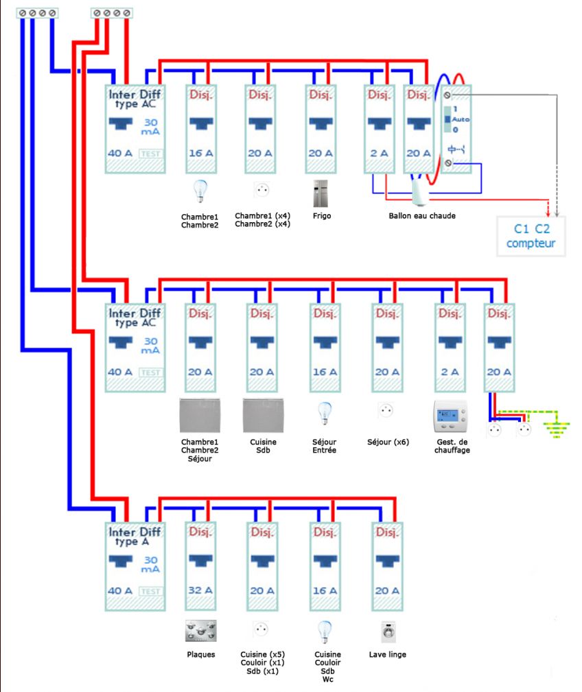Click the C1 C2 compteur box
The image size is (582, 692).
point(531,235)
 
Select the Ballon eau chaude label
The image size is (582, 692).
point(422,215)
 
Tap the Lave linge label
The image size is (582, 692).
point(387,654)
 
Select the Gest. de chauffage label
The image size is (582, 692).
point(452,446)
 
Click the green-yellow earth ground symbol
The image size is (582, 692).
point(555,429)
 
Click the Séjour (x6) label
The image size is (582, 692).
point(388,442)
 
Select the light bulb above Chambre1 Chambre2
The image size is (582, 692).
point(200,191)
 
